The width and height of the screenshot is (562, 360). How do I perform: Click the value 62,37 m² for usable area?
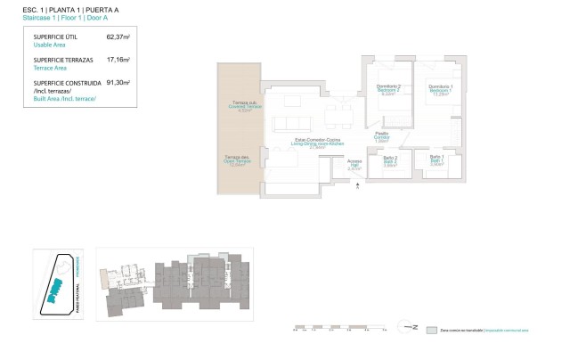[x=118, y=37]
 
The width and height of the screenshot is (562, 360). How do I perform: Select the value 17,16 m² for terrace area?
[x=118, y=60]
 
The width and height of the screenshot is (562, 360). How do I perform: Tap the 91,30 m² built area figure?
[x=118, y=82]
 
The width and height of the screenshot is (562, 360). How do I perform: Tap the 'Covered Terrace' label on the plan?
[x=240, y=108]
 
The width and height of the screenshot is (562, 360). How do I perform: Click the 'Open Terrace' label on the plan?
[x=238, y=161]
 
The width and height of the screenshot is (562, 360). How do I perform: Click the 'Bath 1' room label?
[x=436, y=160]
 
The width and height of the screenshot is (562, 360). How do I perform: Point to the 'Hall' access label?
[x=354, y=164]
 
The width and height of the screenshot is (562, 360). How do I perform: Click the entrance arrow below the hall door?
[x=355, y=185]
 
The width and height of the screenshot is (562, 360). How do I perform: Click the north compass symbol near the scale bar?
[x=412, y=328]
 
